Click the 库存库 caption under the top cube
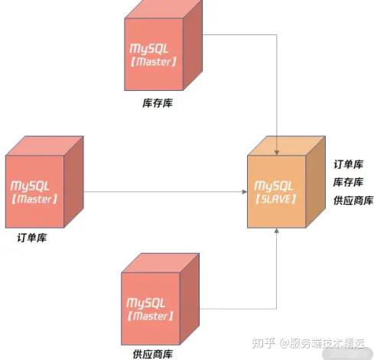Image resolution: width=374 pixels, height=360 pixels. (x=158, y=103)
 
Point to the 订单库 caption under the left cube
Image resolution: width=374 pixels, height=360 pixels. (x=32, y=238)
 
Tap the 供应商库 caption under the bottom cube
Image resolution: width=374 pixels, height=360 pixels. (x=152, y=354)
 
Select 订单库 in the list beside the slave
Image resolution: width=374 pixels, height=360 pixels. (x=349, y=164)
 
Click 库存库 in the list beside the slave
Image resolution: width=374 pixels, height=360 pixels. (x=348, y=182)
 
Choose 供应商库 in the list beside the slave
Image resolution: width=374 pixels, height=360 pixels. (x=353, y=200)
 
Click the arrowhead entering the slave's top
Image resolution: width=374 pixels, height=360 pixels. (x=277, y=153)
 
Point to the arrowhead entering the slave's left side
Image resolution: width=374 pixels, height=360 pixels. (x=244, y=192)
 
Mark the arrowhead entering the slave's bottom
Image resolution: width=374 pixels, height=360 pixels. (x=277, y=231)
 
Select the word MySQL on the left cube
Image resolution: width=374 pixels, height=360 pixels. (x=30, y=186)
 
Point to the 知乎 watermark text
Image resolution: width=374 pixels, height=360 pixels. (x=263, y=343)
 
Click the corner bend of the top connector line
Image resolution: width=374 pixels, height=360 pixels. (x=277, y=34)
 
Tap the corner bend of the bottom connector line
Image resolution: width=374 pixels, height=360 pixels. (x=277, y=309)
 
